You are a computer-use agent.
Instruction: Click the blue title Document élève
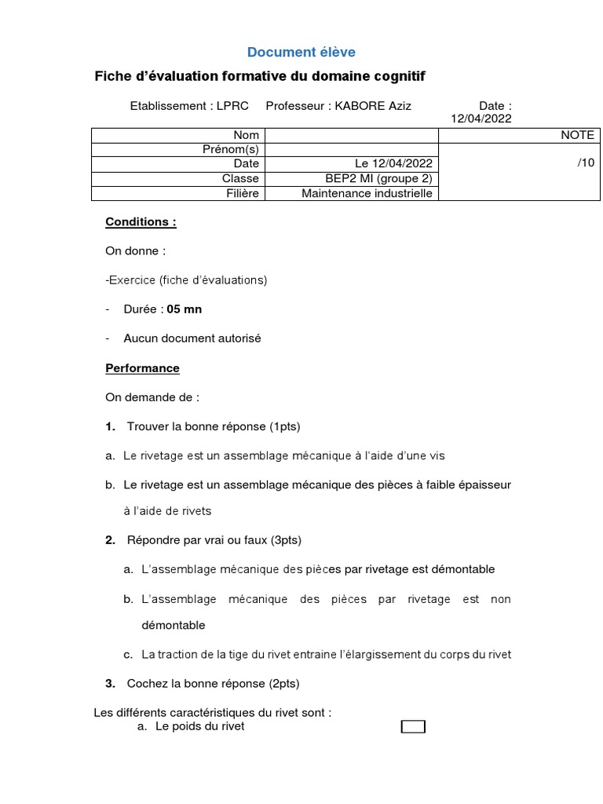click(x=301, y=53)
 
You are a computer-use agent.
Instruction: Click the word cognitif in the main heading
click(x=397, y=76)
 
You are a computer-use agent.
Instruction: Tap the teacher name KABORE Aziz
click(x=373, y=106)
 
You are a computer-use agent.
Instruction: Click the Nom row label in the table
click(x=246, y=135)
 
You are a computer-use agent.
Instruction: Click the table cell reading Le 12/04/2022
click(x=393, y=164)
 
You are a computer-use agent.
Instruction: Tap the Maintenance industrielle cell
click(x=367, y=193)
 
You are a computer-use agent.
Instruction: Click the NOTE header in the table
click(x=577, y=135)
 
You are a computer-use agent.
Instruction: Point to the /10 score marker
click(x=586, y=163)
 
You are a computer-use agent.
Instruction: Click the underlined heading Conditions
click(x=141, y=221)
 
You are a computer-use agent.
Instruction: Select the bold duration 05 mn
click(x=185, y=309)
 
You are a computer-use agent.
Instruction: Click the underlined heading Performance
click(x=142, y=367)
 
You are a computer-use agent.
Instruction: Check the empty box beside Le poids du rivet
click(x=413, y=727)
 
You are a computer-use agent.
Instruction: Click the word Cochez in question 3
click(x=144, y=684)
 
